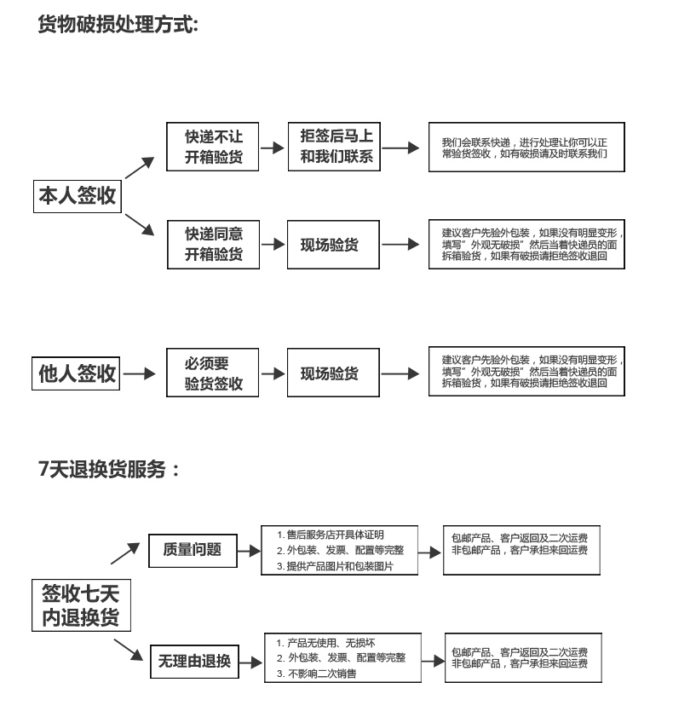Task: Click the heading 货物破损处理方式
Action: pos(118,26)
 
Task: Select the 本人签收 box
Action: pos(78,197)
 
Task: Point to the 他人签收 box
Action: pos(78,373)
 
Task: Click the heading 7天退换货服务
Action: pos(110,469)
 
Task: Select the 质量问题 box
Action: pos(192,550)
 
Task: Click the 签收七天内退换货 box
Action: pos(81,605)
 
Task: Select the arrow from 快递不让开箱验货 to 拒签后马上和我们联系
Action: pos(272,147)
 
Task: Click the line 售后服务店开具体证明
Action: pos(335,535)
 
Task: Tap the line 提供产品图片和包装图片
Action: pos(340,566)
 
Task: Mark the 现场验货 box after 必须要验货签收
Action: pos(329,373)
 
